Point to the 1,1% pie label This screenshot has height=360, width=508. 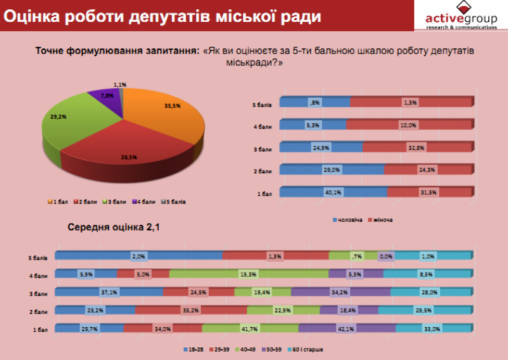120,84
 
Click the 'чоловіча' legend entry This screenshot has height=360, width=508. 348,220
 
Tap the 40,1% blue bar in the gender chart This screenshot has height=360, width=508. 333,192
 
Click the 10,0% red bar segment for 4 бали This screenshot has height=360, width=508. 408,125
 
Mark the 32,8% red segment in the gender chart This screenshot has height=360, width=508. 416,147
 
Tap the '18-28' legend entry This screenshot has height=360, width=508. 192,349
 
